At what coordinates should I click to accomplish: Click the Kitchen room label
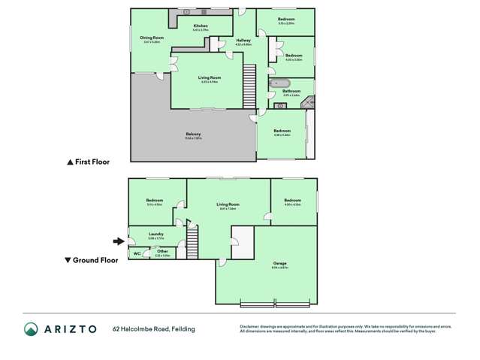[x=200, y=26]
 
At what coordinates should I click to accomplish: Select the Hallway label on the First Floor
[x=243, y=41]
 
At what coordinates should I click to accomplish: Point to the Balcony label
[x=193, y=134]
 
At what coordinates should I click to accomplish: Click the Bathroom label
[x=291, y=91]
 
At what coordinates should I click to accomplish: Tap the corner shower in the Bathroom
[x=307, y=104]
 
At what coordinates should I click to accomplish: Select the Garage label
[x=280, y=263]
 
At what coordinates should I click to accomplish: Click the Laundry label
[x=156, y=234]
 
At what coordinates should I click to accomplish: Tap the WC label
[x=137, y=254]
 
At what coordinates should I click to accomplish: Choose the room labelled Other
[x=162, y=251]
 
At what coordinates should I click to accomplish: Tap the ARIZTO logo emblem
[x=31, y=328]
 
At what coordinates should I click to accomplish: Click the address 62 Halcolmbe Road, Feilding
[x=154, y=328]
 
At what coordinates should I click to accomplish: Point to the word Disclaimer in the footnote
[x=249, y=326]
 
